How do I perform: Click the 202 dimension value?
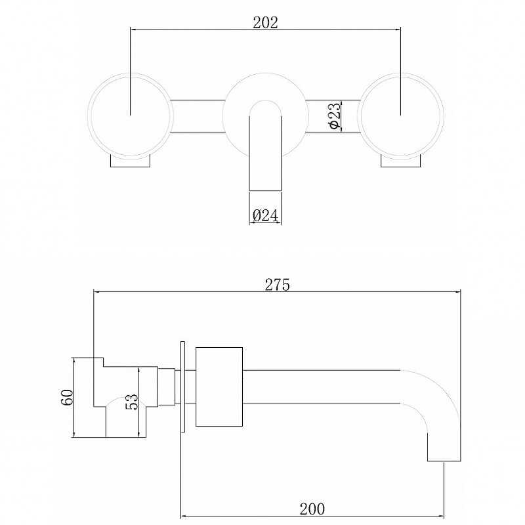point(265,22)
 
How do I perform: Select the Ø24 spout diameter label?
point(265,215)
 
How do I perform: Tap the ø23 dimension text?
point(334,115)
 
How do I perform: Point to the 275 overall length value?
point(277,285)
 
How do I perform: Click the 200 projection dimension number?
point(312,509)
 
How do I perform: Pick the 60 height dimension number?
point(67,397)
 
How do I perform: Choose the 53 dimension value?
point(132,402)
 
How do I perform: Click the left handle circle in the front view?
point(88,115)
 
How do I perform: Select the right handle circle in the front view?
point(358,115)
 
